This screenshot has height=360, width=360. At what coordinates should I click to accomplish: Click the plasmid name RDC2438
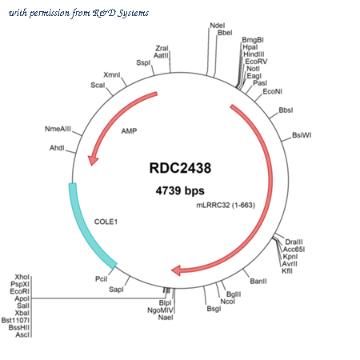180,168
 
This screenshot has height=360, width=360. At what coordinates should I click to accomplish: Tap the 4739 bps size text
180,190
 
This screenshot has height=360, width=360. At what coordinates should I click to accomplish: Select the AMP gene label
129,131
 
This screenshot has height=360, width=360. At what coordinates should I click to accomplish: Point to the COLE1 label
106,222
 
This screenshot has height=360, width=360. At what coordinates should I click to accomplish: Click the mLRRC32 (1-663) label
226,205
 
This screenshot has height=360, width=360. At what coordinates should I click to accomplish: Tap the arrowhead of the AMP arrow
93,160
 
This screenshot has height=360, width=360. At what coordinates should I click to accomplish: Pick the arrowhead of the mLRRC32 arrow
176,270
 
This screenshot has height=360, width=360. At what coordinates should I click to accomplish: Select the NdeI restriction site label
218,26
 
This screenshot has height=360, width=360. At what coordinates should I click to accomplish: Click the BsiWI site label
302,135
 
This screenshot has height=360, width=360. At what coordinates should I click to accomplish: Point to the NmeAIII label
58,129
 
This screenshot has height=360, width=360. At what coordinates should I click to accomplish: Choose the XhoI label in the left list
22,277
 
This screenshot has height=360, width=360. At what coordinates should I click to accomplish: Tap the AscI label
22,334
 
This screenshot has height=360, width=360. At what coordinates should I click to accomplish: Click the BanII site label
258,281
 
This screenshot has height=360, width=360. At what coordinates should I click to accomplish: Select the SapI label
116,290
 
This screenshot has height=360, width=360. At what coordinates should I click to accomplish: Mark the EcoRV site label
256,62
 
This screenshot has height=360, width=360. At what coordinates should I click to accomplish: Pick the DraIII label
294,242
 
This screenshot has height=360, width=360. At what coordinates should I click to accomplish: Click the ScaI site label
98,85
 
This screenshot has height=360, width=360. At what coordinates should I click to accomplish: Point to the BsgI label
214,309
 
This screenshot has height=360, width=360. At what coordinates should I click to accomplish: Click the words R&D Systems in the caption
121,13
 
